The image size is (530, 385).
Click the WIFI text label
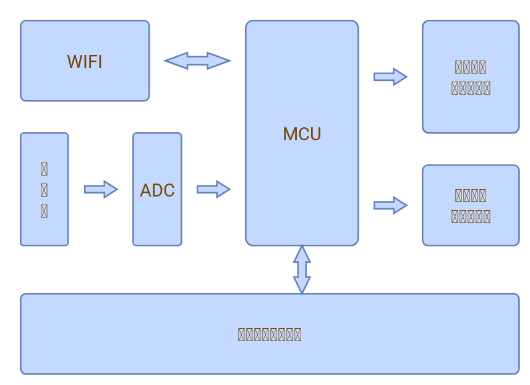[85, 62]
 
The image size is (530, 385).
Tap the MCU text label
[302, 134]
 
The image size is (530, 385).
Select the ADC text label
[157, 190]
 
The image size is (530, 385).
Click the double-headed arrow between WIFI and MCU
[197, 61]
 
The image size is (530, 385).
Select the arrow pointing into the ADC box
[101, 189]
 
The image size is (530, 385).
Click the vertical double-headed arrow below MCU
[302, 269]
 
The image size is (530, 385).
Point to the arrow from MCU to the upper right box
[390, 77]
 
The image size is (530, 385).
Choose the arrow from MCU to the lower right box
[390, 205]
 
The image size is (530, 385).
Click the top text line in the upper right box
[471, 67]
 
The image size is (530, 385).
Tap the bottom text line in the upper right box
[471, 88]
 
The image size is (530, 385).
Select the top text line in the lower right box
[471, 195]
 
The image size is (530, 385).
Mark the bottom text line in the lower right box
[471, 216]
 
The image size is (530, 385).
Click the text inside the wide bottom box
[270, 334]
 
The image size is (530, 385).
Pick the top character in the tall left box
[44, 169]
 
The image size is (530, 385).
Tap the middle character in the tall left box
[44, 190]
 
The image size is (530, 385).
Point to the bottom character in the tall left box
[44, 211]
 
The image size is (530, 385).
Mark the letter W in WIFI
[74, 62]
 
